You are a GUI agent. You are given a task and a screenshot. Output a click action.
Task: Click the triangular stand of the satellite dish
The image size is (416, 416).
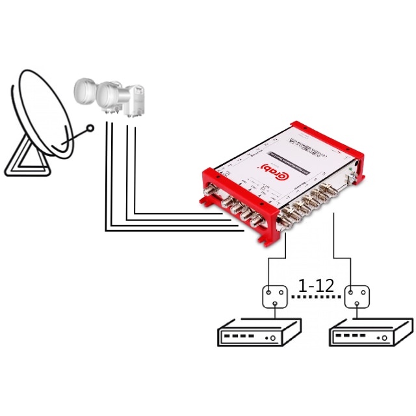point(24,155)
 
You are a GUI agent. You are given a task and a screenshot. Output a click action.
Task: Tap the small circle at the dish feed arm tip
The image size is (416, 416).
point(91,128)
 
